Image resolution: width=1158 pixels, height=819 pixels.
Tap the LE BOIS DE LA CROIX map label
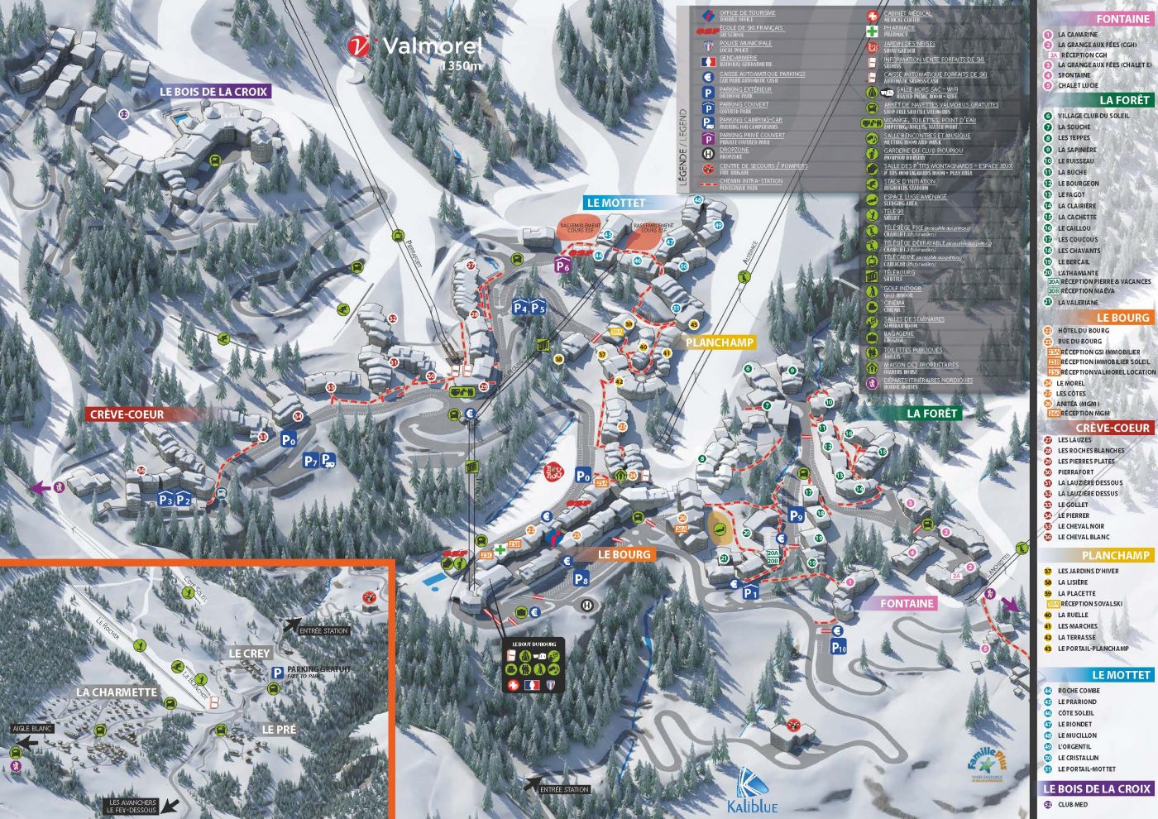(x=213, y=92)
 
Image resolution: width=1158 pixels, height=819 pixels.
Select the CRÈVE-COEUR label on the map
(x=127, y=414)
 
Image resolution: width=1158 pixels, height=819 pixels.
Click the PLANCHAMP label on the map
(x=720, y=342)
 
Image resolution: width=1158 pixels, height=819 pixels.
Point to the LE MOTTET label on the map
(x=615, y=203)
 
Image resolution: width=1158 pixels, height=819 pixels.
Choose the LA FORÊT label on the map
(x=931, y=413)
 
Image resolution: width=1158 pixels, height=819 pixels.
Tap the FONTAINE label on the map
(x=907, y=603)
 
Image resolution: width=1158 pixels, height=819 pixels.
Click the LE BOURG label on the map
(x=624, y=554)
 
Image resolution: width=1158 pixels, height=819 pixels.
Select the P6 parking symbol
(x=562, y=266)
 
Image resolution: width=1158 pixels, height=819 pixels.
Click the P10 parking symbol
(x=839, y=647)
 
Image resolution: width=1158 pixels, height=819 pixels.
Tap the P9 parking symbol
(x=796, y=516)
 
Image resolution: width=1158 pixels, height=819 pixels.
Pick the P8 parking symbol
(x=581, y=578)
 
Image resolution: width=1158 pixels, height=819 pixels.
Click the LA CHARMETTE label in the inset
(x=116, y=692)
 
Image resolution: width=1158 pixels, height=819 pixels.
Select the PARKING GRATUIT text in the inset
(x=319, y=669)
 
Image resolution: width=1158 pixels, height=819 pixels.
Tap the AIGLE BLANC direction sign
(x=32, y=729)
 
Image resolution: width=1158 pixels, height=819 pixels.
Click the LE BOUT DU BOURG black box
(x=534, y=666)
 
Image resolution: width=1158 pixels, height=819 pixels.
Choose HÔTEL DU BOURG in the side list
(x=1083, y=330)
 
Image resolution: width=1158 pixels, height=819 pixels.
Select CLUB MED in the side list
(x=1072, y=804)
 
